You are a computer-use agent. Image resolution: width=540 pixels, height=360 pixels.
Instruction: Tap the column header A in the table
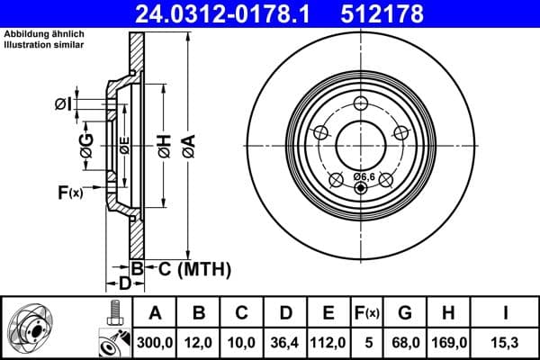[155, 312]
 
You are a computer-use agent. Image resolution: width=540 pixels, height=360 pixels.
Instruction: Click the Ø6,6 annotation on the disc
[364, 176]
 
